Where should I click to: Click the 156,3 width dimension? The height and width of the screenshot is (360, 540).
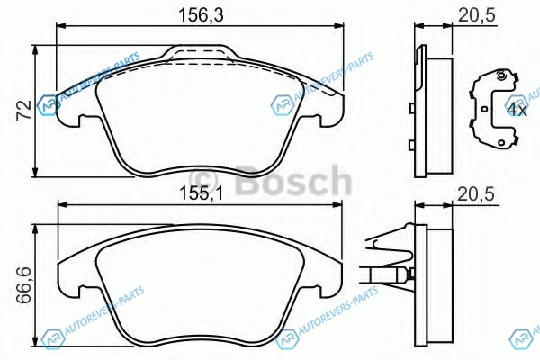pos(201,15)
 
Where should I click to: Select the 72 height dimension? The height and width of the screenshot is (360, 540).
pos(24,110)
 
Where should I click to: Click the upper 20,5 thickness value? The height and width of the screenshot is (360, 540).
pos(476,15)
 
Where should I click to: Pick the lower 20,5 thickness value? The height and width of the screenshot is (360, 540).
pos(476,194)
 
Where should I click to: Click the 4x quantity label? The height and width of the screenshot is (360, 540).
pos(517,110)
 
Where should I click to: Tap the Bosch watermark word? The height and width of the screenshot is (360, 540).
pos(294,180)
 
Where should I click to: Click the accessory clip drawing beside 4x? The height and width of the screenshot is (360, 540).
pos(493,110)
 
